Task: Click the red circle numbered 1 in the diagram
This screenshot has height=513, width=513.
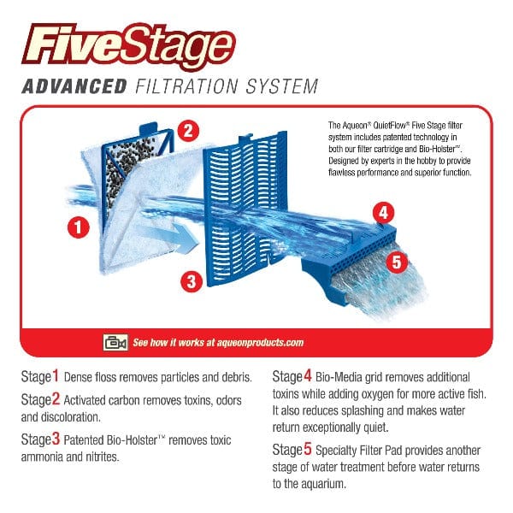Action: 79,227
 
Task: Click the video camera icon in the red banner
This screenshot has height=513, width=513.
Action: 115,342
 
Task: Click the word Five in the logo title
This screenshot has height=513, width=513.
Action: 73,43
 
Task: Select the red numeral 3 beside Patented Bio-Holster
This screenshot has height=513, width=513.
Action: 56,439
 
